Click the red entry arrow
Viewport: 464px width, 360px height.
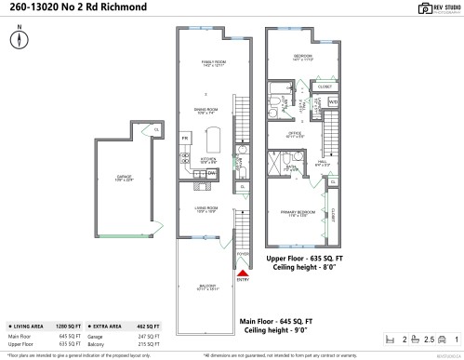coord(243,270)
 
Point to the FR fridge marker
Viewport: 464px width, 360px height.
coord(185,138)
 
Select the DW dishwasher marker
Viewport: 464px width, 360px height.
coord(211,173)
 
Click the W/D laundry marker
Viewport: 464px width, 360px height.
coord(332,100)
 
